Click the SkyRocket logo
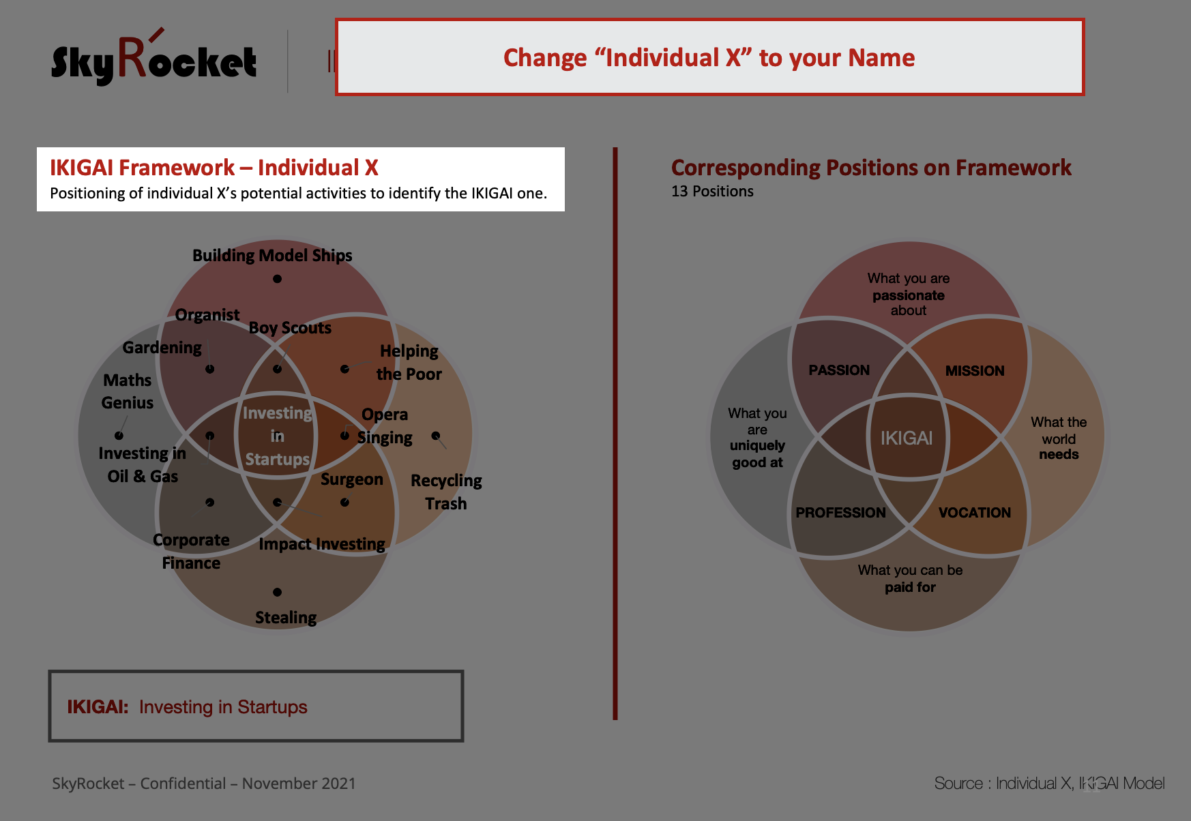point(154,59)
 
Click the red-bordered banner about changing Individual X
point(709,57)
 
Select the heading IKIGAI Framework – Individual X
point(214,168)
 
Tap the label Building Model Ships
point(272,256)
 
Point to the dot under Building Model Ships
point(277,279)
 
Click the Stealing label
point(286,618)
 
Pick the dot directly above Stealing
point(277,592)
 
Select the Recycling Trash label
point(446,492)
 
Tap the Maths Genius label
point(128,391)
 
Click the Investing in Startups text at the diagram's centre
point(278,436)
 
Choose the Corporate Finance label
point(191,552)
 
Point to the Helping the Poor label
point(409,362)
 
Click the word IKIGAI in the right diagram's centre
point(907,438)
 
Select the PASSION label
point(839,370)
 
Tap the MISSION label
point(975,371)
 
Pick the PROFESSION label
point(840,513)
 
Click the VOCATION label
point(975,513)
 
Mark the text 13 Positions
point(712,192)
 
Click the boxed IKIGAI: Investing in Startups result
point(256,706)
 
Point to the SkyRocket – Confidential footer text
point(204,783)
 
